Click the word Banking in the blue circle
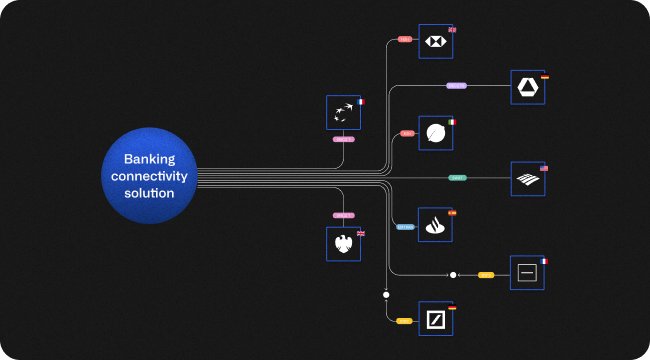(150, 159)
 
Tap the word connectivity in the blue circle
(150, 176)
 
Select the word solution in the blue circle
(150, 193)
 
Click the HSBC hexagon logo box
(435, 41)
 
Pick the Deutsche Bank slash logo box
(435, 318)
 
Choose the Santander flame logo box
(435, 224)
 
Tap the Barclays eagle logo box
(343, 244)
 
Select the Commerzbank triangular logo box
(527, 87)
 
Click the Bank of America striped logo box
(527, 179)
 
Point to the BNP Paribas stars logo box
(343, 112)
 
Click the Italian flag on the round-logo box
(452, 121)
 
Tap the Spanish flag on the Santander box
(452, 213)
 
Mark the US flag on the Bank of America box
(544, 168)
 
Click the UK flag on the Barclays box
(360, 233)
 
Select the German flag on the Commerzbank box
(544, 76)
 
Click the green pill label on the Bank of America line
(457, 178)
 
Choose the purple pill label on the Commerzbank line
(456, 86)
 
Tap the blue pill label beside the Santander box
(405, 227)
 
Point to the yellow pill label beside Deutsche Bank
(404, 321)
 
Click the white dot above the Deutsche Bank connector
(386, 295)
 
